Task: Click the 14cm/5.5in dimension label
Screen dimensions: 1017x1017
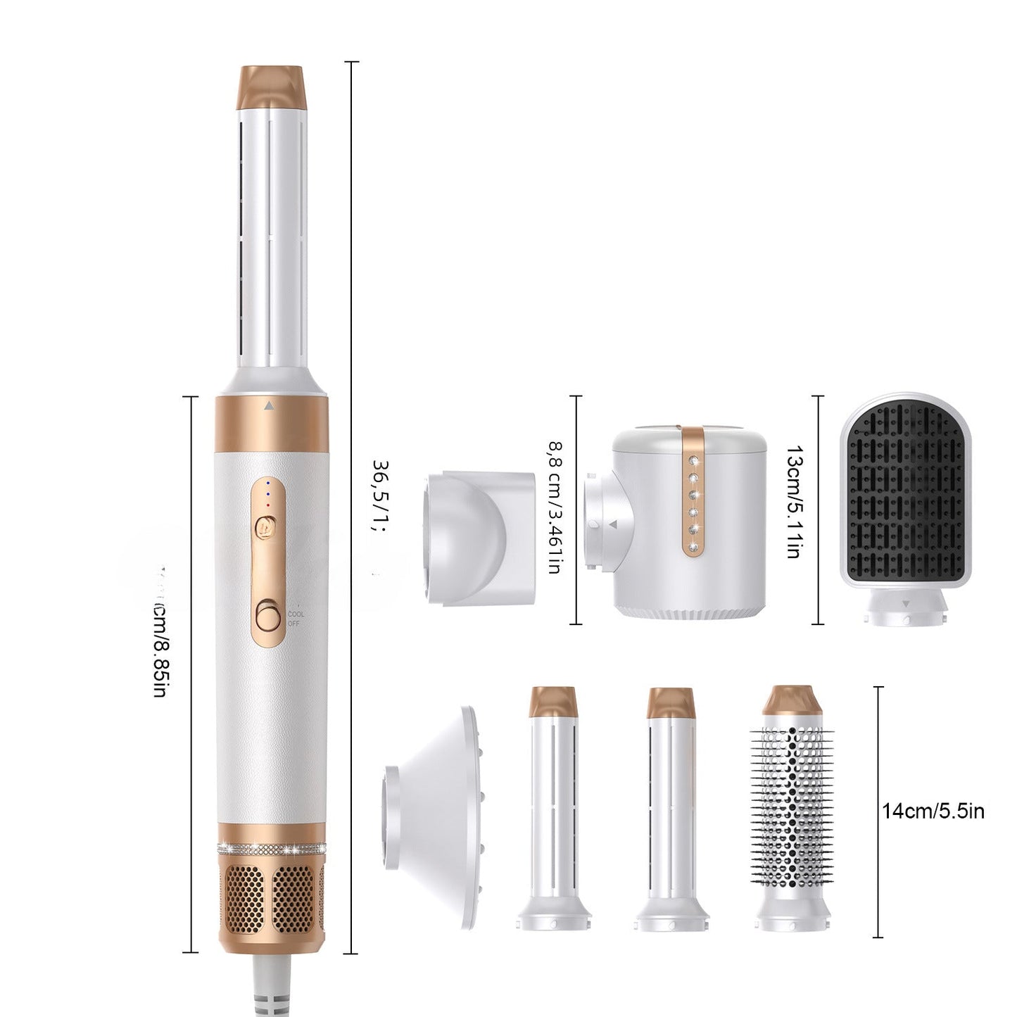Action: [x=933, y=811]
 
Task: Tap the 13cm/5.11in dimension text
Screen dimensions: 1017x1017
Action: [x=792, y=500]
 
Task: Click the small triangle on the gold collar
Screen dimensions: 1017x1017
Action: [x=267, y=406]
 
